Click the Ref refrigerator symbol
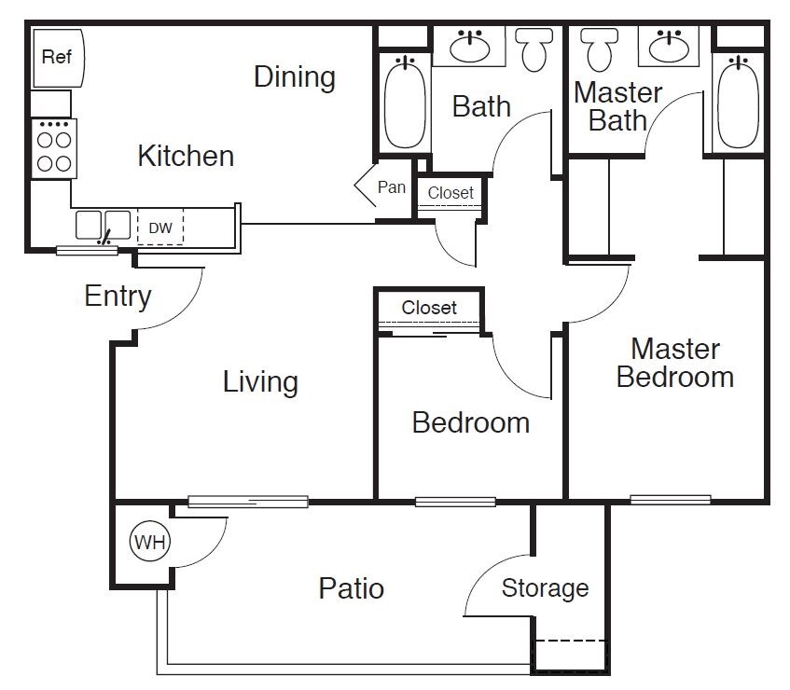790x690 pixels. (x=58, y=58)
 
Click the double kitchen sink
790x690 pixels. (x=104, y=226)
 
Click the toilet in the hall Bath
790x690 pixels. (x=534, y=47)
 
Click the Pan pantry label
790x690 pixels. (x=392, y=187)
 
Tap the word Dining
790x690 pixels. (x=294, y=76)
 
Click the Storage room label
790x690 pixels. (x=546, y=588)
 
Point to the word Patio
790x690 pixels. (x=352, y=588)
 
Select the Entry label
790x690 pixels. (x=118, y=297)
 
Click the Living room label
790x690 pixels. (x=260, y=381)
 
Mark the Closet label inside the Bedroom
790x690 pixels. (x=429, y=308)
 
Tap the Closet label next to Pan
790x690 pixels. (x=450, y=193)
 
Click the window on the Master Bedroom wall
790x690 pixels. (x=670, y=500)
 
